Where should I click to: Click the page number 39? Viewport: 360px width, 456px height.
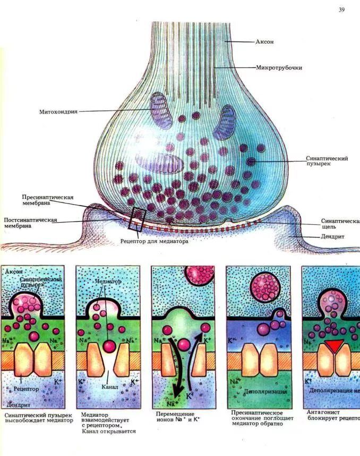tap(341, 10)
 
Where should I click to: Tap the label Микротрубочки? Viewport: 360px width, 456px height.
tap(279, 68)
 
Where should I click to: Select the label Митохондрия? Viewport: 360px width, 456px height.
tap(58, 112)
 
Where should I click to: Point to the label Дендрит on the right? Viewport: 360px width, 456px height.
tap(333, 237)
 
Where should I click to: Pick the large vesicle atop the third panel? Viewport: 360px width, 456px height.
tap(200, 275)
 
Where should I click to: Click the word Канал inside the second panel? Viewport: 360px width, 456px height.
tap(109, 386)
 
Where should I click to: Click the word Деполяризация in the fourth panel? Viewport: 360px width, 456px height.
tap(265, 392)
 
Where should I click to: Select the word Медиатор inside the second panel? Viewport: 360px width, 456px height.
tap(107, 281)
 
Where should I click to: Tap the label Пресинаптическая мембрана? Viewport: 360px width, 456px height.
tap(47, 200)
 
